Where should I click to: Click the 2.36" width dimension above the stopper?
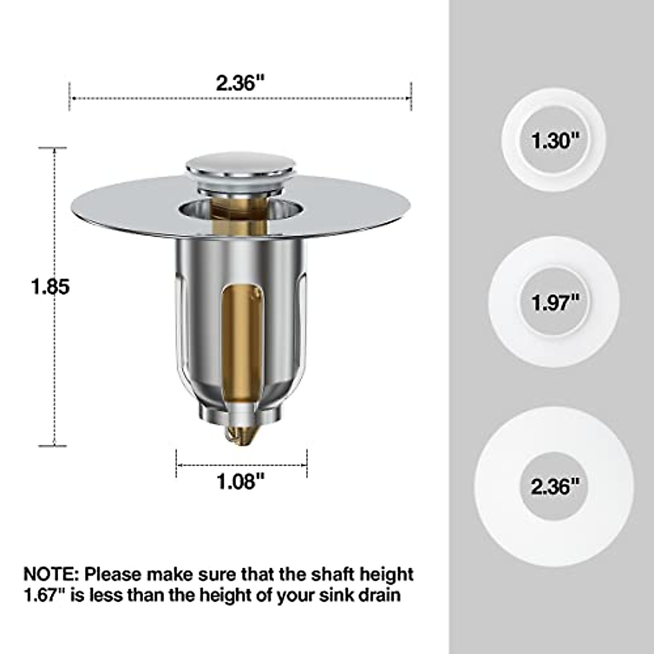240,83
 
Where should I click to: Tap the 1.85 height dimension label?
50,287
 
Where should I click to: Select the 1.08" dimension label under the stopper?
241,481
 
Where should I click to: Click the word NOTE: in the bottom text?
51,574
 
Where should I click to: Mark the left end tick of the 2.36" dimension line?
70,96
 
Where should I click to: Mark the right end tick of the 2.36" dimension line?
410,96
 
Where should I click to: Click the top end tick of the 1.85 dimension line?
54,148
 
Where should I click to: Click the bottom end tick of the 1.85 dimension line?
54,446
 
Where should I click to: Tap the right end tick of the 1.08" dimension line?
307,464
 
